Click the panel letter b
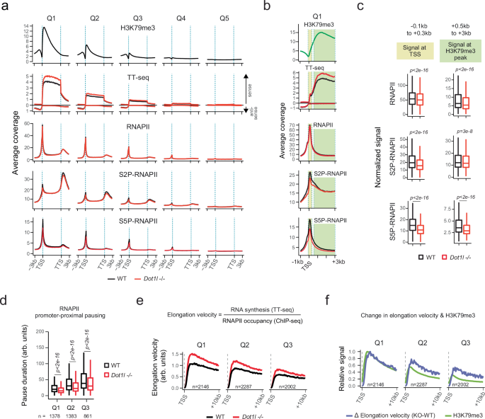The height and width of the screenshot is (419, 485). pyautogui.click(x=267, y=7)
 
